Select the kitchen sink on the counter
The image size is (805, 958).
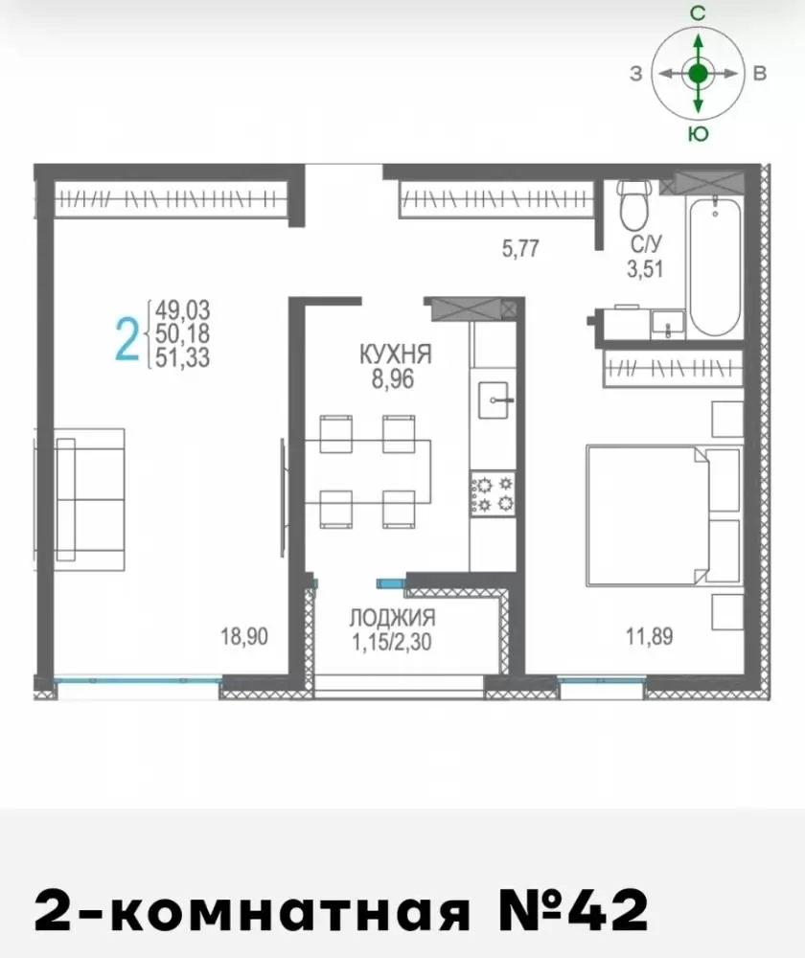[494, 400]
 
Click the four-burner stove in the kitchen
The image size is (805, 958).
[493, 493]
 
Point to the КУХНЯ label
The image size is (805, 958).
[396, 354]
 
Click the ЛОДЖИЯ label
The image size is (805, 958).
[392, 618]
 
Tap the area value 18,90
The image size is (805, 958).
[244, 637]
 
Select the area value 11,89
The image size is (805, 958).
[649, 637]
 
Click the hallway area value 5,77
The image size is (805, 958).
[520, 249]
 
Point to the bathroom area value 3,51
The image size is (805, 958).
[646, 268]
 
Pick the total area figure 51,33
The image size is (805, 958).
[182, 357]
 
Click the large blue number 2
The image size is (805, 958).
[127, 340]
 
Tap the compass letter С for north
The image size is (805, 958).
[698, 12]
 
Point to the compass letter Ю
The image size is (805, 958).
[698, 134]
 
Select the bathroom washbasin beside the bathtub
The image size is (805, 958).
[668, 324]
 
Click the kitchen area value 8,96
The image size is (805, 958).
[393, 379]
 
